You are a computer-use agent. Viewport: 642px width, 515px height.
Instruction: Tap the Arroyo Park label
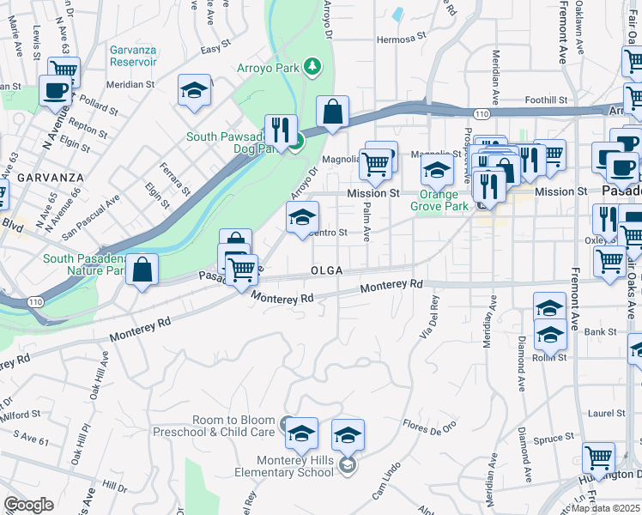pyautogui.click(x=267, y=67)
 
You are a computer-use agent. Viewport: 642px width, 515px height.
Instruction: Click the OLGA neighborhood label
pyautogui.click(x=327, y=270)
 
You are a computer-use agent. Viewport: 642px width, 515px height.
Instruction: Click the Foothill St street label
pyautogui.click(x=546, y=100)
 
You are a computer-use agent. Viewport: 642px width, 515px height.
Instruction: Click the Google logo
pyautogui.click(x=28, y=505)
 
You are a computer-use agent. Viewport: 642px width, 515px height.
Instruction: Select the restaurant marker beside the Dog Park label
pyautogui.click(x=281, y=130)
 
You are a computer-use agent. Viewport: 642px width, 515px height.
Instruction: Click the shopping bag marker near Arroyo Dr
pyautogui.click(x=332, y=112)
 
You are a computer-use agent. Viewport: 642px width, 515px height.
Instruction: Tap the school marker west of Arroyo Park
pyautogui.click(x=195, y=90)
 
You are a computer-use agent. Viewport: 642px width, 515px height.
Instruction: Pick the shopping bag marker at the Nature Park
pyautogui.click(x=143, y=270)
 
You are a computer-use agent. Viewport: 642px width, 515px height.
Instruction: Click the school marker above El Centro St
pyautogui.click(x=302, y=218)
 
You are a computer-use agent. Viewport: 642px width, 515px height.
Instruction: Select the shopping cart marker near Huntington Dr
pyautogui.click(x=598, y=458)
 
